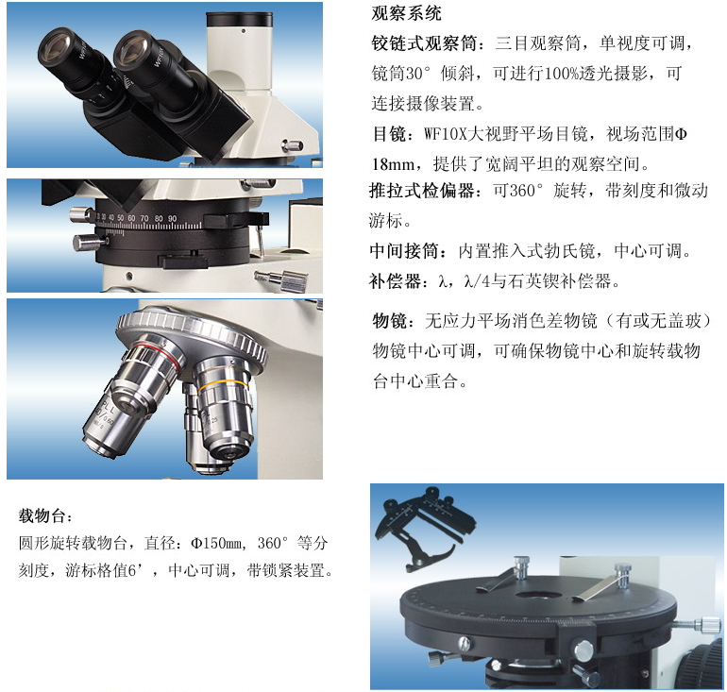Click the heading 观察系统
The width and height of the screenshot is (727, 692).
tap(406, 13)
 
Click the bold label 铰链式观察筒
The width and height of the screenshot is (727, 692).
tap(424, 43)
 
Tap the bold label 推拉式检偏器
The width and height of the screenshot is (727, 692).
tap(421, 191)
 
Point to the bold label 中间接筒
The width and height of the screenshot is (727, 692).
tap(403, 251)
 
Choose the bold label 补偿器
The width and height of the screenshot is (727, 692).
tap(395, 281)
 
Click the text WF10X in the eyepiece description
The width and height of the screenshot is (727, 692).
tap(445, 134)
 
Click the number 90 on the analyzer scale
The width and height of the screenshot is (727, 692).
tap(172, 218)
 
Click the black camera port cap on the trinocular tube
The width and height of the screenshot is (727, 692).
tap(239, 20)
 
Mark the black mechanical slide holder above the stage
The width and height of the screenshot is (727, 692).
tap(425, 527)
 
